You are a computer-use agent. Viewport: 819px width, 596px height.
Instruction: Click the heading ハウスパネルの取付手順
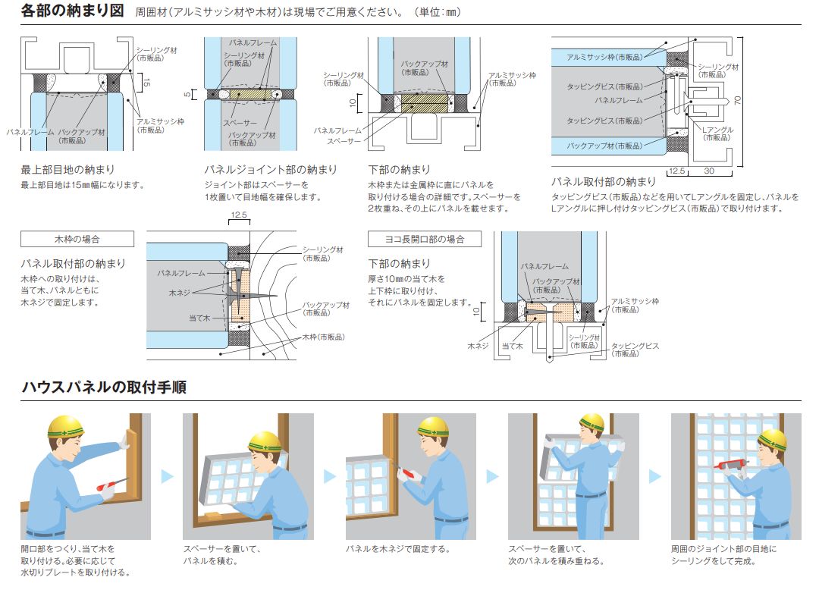tap(104, 387)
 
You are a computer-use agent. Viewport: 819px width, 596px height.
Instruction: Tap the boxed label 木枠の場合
tap(77, 240)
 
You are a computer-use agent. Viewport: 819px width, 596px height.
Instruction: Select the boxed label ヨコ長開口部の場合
tap(425, 240)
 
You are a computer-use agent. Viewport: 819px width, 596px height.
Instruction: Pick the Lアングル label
tap(717, 130)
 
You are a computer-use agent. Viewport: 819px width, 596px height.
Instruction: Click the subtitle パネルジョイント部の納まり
tap(261, 170)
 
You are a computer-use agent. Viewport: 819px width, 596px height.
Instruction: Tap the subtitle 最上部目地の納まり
tap(67, 170)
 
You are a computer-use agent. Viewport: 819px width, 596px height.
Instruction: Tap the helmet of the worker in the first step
tap(65, 426)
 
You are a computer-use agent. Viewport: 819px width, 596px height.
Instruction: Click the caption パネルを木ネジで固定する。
tap(397, 549)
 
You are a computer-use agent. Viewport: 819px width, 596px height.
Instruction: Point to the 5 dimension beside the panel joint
tap(188, 95)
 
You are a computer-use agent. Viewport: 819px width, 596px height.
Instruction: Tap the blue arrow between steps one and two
tap(168, 476)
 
